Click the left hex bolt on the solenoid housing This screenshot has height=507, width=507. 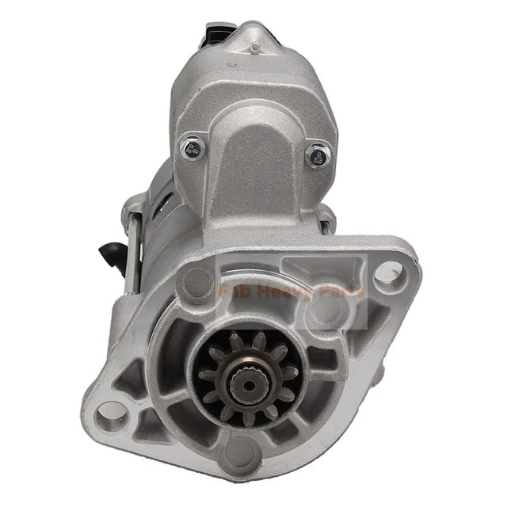[190, 145]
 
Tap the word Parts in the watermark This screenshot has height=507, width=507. [340, 292]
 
